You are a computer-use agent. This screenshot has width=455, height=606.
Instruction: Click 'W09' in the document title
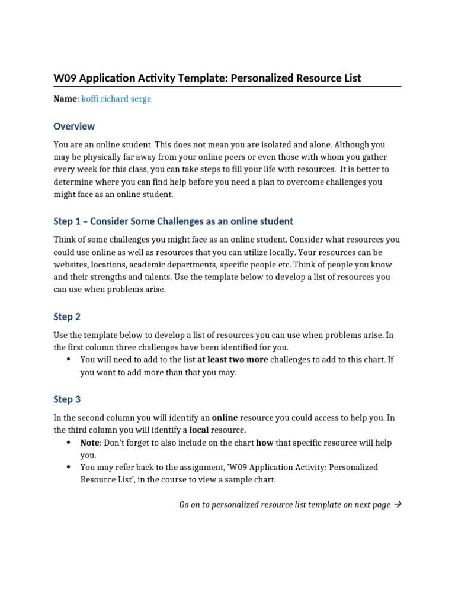(65, 78)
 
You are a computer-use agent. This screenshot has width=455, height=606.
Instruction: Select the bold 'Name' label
(65, 99)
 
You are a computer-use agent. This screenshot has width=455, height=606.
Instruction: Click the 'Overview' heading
(74, 126)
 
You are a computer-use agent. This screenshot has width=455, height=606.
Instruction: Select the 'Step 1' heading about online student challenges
(173, 221)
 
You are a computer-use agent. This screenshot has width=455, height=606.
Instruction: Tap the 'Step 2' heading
(67, 317)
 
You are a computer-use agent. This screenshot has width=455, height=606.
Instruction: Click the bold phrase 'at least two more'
(232, 360)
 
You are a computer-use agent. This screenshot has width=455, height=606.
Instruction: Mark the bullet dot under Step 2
(69, 360)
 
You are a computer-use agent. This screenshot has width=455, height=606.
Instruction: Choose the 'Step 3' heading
(67, 399)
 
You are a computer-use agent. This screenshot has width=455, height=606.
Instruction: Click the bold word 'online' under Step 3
(225, 418)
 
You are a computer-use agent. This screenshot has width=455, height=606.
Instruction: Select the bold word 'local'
(198, 430)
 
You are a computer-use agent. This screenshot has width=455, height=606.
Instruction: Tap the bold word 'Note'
(91, 443)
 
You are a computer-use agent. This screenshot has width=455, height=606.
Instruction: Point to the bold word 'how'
(264, 443)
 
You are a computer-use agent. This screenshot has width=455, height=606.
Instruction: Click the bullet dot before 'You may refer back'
(69, 468)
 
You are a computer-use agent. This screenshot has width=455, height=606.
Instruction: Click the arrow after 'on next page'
(398, 505)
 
